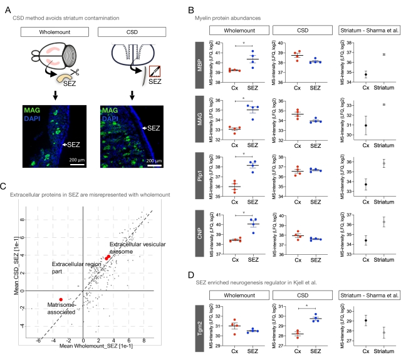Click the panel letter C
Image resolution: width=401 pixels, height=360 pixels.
coord(5,186)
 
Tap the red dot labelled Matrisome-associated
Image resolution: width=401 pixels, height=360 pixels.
coord(61,299)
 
